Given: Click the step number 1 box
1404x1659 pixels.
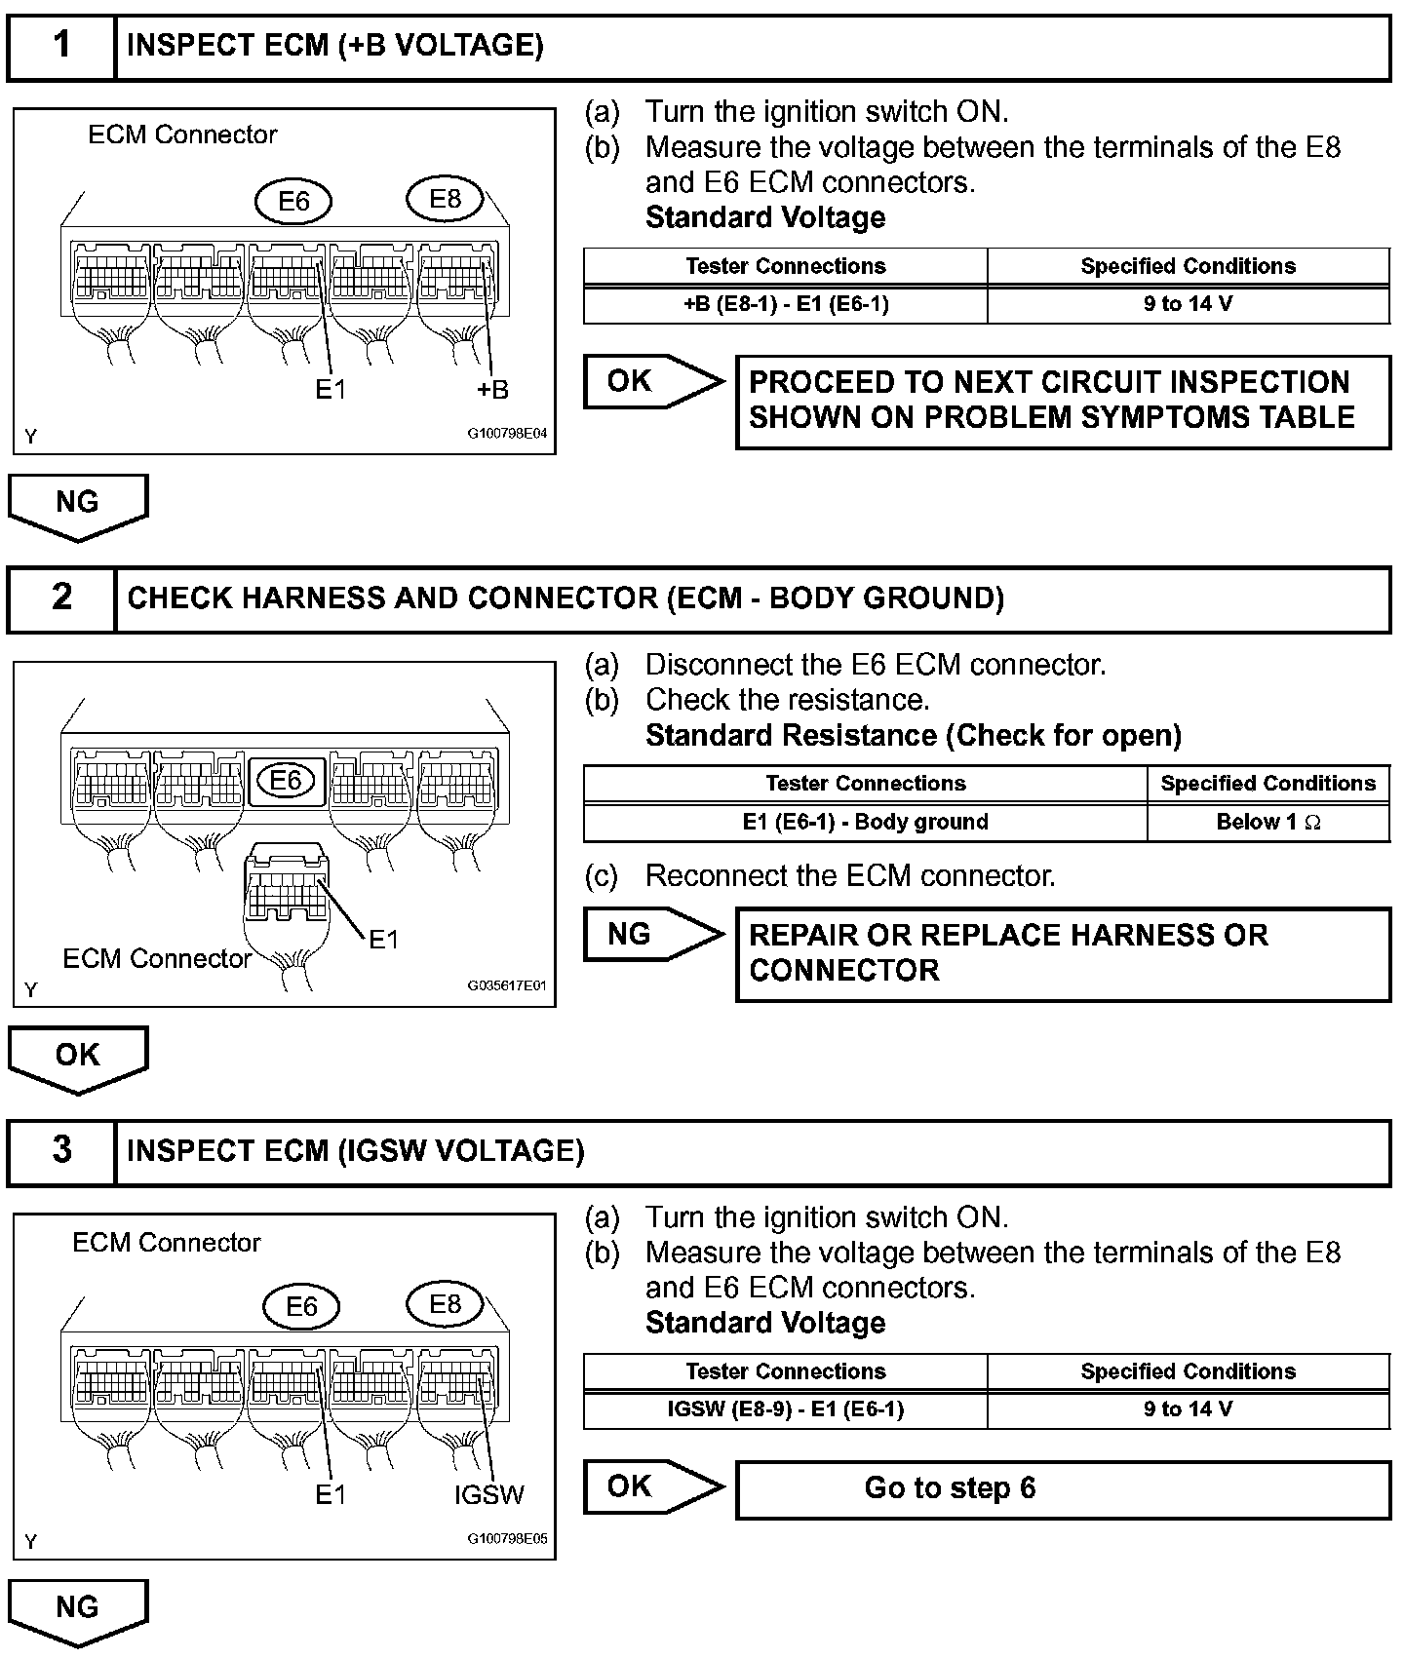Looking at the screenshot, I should pos(61,46).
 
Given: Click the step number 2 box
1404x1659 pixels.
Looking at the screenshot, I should pos(61,598).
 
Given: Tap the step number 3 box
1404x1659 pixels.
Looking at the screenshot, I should pos(61,1151).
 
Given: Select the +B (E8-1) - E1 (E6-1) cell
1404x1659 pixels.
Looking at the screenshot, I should pos(785,304).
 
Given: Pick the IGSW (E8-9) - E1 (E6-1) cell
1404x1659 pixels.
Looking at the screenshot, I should pos(785,1409).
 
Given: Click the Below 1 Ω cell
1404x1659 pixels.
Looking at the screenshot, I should pos(1267,823).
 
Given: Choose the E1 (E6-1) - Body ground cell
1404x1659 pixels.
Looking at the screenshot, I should pos(865,823).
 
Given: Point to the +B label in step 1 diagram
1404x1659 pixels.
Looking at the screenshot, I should pos(492,390).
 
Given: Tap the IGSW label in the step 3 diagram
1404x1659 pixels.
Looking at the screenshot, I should pos(489,1494).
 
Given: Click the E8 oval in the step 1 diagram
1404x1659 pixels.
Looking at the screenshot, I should pos(446,199).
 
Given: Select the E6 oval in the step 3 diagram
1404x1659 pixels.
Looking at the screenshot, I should pos(301,1306).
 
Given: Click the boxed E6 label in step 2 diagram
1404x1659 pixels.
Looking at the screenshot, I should pos(286,781).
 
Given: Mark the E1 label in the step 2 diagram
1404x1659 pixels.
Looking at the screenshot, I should pos(383,939).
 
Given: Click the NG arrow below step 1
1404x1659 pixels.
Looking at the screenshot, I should pos(78,506).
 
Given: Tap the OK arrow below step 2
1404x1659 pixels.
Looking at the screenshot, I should pos(78,1059).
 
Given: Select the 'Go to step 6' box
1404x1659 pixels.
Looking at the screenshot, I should pos(1063,1488).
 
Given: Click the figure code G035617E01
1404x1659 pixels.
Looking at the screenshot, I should pos(507,985).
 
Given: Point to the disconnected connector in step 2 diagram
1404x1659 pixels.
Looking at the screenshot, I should pos(286,887).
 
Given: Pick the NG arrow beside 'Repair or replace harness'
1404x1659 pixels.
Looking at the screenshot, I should pos(651,935).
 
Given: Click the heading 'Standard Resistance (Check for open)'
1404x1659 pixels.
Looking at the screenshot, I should pos(913,735).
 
